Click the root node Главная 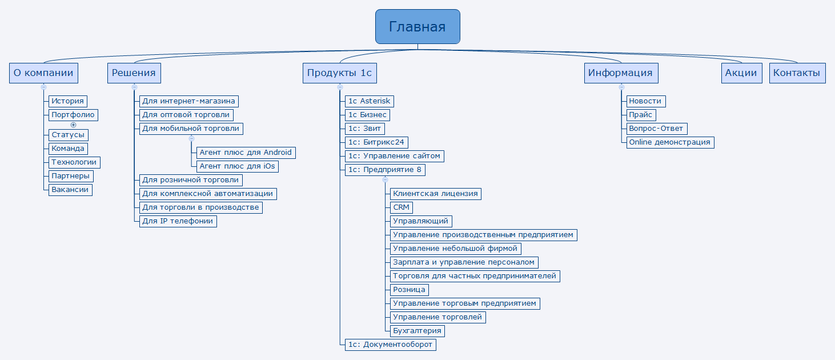pyautogui.click(x=418, y=26)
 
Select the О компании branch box pyautogui.click(x=43, y=73)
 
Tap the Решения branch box pyautogui.click(x=134, y=73)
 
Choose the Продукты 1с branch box pyautogui.click(x=339, y=73)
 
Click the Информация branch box pyautogui.click(x=621, y=73)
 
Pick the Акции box pyautogui.click(x=741, y=73)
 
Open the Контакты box pyautogui.click(x=797, y=73)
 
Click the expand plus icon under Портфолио pyautogui.click(x=73, y=125)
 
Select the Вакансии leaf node pyautogui.click(x=70, y=190)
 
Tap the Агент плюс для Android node pyautogui.click(x=246, y=153)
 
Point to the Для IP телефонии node pyautogui.click(x=178, y=221)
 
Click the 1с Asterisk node pyautogui.click(x=370, y=101)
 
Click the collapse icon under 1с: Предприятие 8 pyautogui.click(x=385, y=180)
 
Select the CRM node pyautogui.click(x=401, y=207)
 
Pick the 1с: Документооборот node pyautogui.click(x=391, y=345)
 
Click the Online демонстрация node pyautogui.click(x=669, y=142)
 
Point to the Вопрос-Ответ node pyautogui.click(x=656, y=129)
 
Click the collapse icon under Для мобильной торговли pyautogui.click(x=191, y=138)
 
